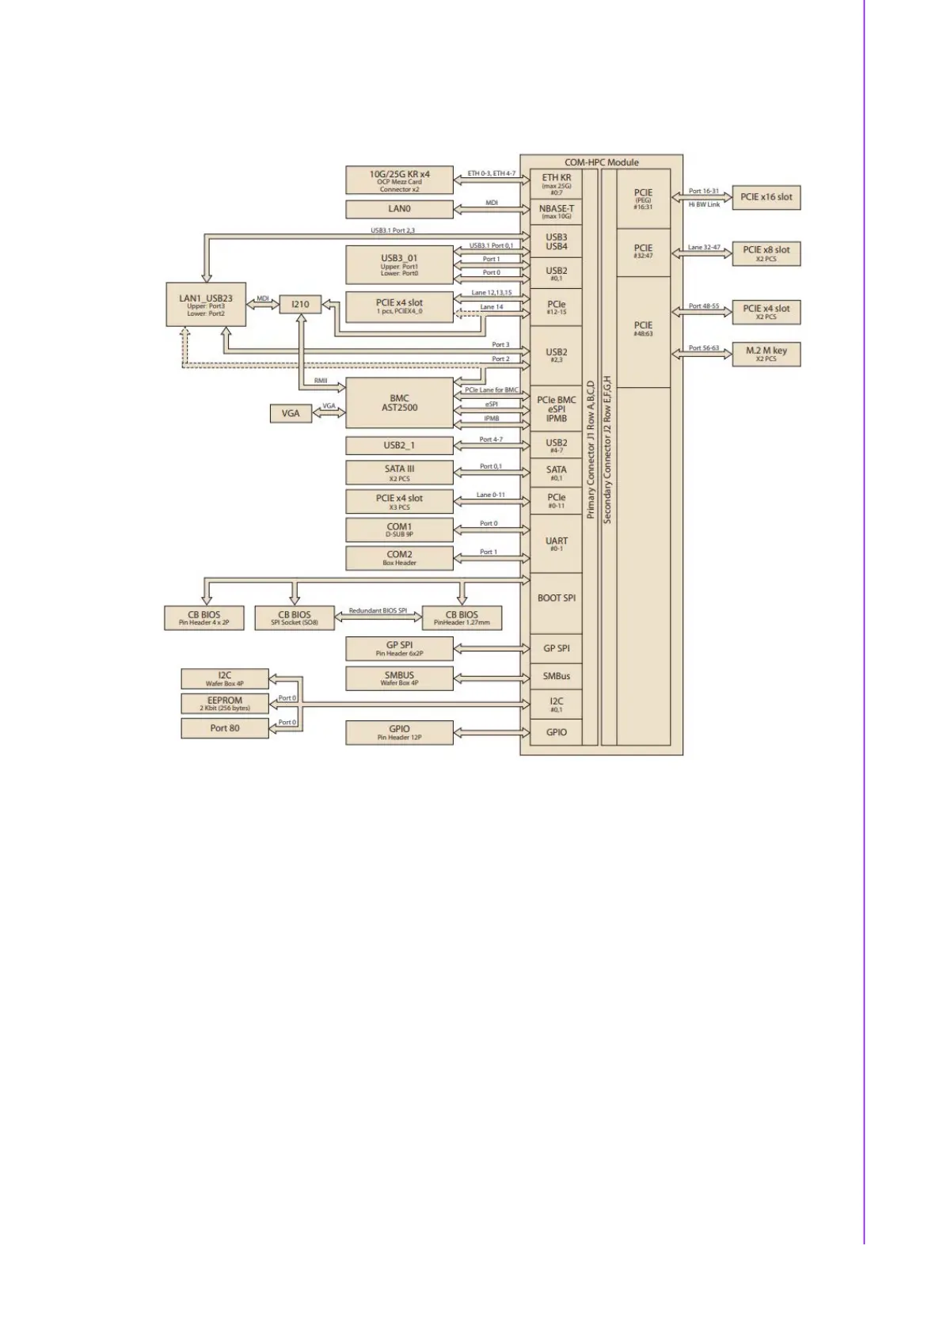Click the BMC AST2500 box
(399, 403)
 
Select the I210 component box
(300, 304)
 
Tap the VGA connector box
(291, 413)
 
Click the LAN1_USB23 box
(206, 304)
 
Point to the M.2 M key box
(766, 353)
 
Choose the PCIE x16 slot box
(766, 197)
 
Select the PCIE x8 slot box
(766, 253)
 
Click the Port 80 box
(225, 728)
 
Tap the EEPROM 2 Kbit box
(225, 703)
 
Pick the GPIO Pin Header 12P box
(399, 732)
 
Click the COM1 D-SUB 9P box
(399, 530)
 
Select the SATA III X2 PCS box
(399, 473)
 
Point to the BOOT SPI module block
(557, 598)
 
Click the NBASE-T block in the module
(557, 211)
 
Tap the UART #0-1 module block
(557, 544)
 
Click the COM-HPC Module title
(602, 162)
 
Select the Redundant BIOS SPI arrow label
(378, 610)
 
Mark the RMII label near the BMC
(321, 381)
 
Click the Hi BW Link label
(704, 205)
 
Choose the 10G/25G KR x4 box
(399, 180)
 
